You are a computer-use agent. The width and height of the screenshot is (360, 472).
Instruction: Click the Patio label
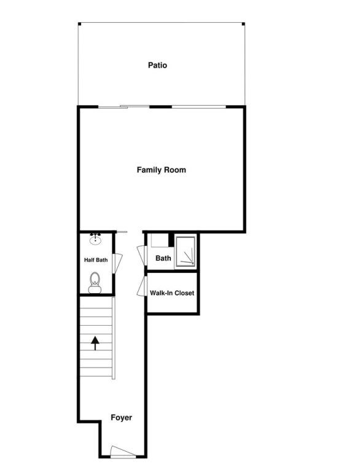[x=157, y=65]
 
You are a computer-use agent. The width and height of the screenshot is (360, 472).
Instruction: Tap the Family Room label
[x=162, y=170]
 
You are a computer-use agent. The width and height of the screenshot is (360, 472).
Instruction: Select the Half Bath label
[x=96, y=260]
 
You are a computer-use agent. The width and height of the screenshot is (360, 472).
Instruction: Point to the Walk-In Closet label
[x=172, y=293]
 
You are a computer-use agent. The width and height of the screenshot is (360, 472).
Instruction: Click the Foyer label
[x=121, y=417]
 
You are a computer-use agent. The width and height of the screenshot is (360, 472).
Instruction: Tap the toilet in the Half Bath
[x=95, y=283]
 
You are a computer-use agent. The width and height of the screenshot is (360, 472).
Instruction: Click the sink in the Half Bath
[x=95, y=238]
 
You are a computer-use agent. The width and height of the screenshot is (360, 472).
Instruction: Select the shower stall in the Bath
[x=186, y=251]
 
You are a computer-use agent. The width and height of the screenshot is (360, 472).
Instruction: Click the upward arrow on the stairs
[x=95, y=344]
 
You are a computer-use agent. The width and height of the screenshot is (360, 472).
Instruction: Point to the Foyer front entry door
[x=123, y=452]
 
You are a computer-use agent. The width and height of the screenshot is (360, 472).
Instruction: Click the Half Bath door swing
[x=117, y=264]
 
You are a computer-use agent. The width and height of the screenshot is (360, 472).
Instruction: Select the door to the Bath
[x=142, y=256]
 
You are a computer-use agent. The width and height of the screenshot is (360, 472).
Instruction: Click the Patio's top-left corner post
[x=79, y=24]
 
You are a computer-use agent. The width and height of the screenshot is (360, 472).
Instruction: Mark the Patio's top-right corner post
[x=243, y=24]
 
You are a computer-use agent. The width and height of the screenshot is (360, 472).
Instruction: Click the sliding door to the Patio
[x=123, y=106]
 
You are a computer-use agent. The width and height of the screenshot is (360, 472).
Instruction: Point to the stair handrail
[x=114, y=339]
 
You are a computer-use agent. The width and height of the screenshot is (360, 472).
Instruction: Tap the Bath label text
[x=163, y=258]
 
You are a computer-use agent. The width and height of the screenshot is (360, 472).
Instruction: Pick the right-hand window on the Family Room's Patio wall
[x=198, y=106]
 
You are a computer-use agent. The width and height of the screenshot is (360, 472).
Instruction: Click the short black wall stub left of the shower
[x=171, y=240]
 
